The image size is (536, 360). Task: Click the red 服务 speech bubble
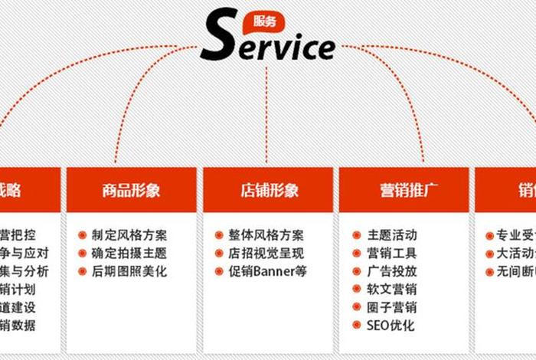259,21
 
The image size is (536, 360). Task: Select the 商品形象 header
131,190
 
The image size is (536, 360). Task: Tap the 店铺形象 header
268,190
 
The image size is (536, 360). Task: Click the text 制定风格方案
129,235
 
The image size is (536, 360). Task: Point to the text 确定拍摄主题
129,253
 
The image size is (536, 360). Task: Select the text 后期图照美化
129,271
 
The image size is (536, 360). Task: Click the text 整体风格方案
266,235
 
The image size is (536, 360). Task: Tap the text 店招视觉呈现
266,253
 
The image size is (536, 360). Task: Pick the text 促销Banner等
267,271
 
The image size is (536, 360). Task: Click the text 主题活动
392,235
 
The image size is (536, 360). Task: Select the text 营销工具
392,253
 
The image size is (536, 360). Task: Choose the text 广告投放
392,271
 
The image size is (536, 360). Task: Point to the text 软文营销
392,289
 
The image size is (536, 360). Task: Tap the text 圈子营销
392,307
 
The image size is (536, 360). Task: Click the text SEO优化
391,326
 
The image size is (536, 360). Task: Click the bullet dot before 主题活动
357,235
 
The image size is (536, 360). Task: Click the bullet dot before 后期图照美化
82,271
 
